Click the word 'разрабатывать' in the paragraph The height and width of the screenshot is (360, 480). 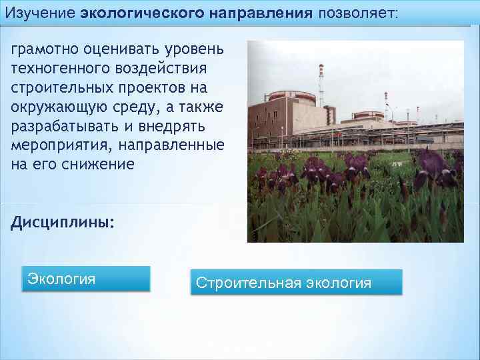pyautogui.click(x=61, y=126)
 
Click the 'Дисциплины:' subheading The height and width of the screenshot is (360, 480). pyautogui.click(x=62, y=221)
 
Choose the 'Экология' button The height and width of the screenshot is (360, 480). pyautogui.click(x=87, y=279)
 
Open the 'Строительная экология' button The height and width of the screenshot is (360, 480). pyautogui.click(x=296, y=282)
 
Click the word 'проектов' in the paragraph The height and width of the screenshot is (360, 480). pyautogui.click(x=153, y=88)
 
